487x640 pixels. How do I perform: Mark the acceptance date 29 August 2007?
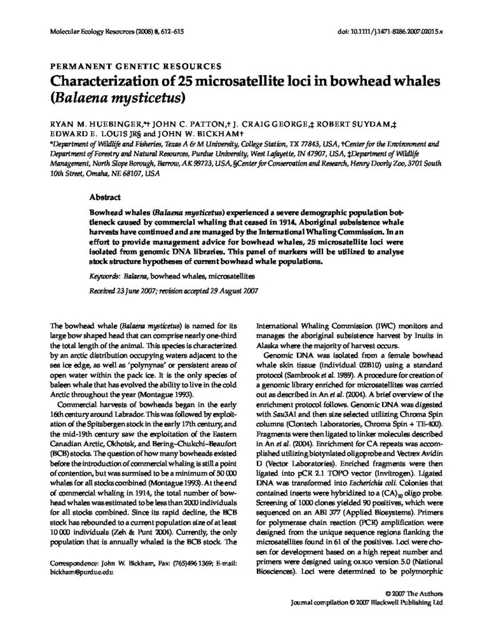223,290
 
